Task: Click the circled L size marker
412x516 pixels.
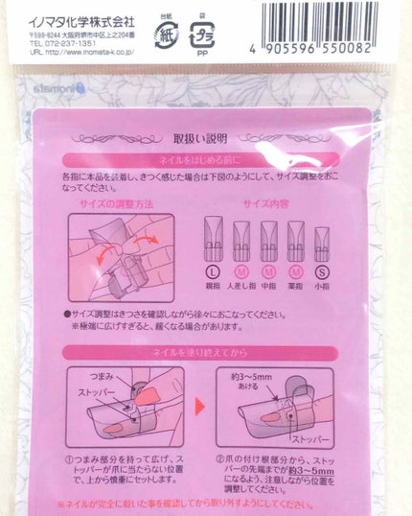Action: pos(214,277)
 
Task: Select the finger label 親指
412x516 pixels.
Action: pos(214,290)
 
